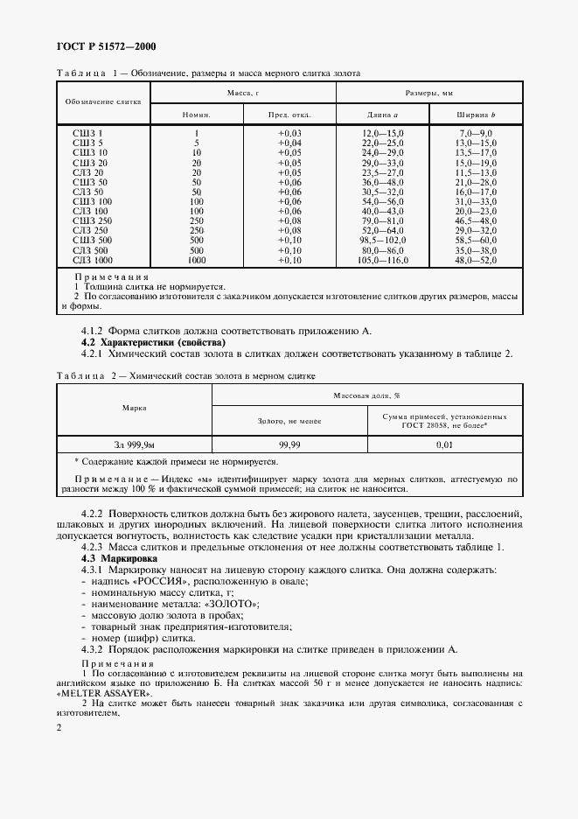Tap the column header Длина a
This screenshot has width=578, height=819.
point(382,115)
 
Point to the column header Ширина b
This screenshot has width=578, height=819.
point(476,115)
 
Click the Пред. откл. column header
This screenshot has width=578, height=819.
point(289,115)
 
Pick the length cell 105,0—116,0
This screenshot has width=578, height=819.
point(382,260)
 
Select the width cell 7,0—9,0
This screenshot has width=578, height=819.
point(476,131)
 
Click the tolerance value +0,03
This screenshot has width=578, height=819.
point(289,131)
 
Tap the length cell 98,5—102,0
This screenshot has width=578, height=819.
point(382,240)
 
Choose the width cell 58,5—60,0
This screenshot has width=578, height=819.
point(476,240)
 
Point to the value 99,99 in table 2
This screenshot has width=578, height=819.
point(289,445)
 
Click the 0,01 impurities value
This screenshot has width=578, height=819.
point(444,445)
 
